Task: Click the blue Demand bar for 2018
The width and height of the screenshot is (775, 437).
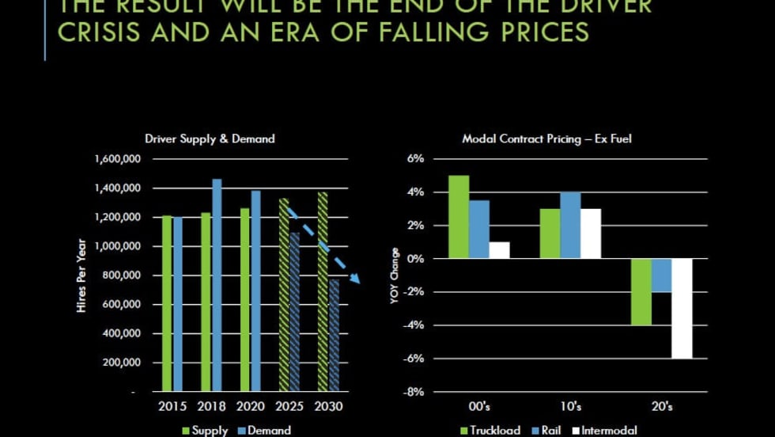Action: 217,285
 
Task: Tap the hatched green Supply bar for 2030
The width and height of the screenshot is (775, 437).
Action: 322,291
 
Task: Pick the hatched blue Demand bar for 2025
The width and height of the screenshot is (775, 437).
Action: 295,312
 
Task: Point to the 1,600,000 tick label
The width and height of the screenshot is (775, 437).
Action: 117,159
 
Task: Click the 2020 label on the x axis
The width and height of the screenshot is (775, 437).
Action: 250,407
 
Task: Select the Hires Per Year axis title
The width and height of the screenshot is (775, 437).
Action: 81,275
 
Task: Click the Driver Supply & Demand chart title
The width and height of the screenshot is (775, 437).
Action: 210,139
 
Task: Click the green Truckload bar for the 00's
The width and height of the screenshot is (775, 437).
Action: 459,217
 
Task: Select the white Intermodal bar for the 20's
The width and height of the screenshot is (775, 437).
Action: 682,309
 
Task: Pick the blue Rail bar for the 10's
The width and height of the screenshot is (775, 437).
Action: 570,226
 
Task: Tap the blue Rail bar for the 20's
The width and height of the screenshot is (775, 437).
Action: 662,275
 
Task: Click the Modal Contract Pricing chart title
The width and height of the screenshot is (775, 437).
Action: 546,139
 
